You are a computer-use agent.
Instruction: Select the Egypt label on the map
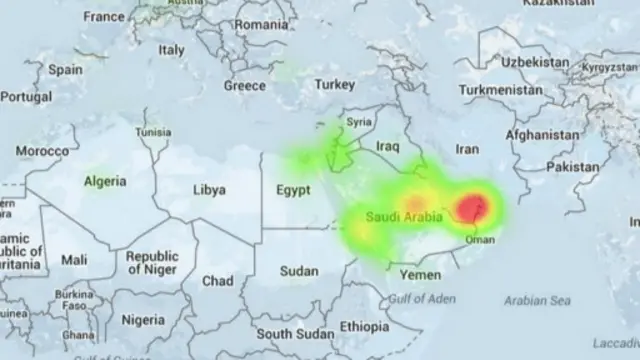(x=294, y=190)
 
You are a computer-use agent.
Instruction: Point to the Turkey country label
(x=335, y=85)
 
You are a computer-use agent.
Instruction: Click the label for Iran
(x=467, y=148)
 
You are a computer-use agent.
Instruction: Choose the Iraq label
(x=387, y=146)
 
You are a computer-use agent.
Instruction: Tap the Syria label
(x=358, y=122)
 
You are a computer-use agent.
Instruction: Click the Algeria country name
(x=104, y=181)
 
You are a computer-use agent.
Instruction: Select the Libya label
(x=209, y=189)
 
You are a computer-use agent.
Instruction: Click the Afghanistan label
(x=542, y=134)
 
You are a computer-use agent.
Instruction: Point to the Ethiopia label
(x=365, y=326)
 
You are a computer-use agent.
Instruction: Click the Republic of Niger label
(x=152, y=263)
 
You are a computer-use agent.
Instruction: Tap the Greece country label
(x=245, y=85)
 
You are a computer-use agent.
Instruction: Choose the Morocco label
(x=42, y=151)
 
